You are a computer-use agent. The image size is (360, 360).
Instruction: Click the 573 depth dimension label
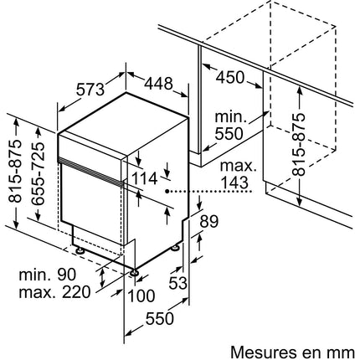coord(90,90)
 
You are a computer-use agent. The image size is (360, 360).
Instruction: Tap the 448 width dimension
coord(158,84)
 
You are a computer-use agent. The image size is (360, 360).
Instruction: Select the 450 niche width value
coord(230,77)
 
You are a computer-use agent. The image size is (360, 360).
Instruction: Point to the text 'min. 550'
coord(230,126)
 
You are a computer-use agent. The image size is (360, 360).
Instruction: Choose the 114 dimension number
coord(144,179)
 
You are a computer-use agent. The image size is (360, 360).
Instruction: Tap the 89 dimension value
coord(209,222)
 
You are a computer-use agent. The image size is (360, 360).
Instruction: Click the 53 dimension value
coord(178,283)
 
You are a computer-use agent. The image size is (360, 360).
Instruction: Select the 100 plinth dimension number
coord(141,296)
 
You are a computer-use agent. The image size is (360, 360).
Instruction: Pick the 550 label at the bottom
coord(160,319)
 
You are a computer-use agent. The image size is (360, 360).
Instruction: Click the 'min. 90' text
coord(48,275)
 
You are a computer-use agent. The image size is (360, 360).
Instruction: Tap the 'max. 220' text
coord(54,292)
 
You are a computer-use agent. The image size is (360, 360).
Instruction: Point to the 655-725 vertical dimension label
coord(37,174)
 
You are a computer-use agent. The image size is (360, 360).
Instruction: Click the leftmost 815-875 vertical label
coord(14,171)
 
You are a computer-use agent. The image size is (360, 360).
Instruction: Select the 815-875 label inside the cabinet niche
coord(299,144)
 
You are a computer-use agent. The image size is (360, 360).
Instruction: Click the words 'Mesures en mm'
coord(292,352)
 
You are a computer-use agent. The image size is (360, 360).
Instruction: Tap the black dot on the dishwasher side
coord(167,191)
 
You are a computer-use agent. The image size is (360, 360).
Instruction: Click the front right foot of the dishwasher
coord(135,272)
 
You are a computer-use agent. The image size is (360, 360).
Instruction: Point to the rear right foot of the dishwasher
coord(176,248)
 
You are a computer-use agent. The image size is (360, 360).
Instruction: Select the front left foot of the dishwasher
coord(80,249)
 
